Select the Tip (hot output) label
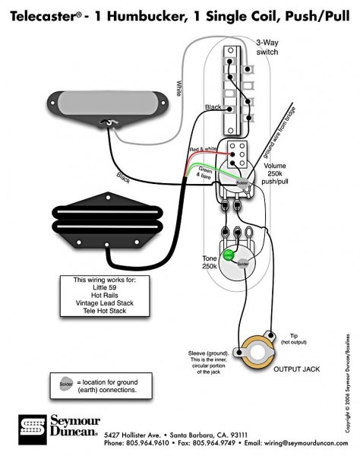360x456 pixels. point(297,338)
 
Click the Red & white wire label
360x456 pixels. point(201,150)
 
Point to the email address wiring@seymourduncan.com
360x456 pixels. point(298,442)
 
